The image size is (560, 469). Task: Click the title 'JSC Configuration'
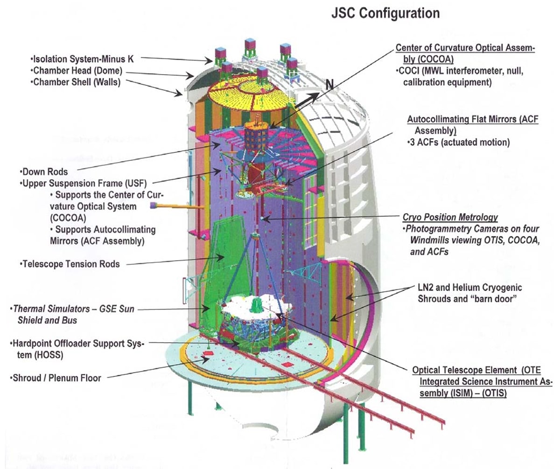pyautogui.click(x=385, y=13)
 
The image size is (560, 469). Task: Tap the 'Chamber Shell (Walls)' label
pyautogui.click(x=77, y=82)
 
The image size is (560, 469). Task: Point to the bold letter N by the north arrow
pyautogui.click(x=330, y=83)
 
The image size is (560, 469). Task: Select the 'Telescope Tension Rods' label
pyautogui.click(x=70, y=264)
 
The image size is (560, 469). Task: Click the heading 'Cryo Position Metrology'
pyautogui.click(x=450, y=217)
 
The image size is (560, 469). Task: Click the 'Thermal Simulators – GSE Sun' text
pyautogui.click(x=75, y=309)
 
